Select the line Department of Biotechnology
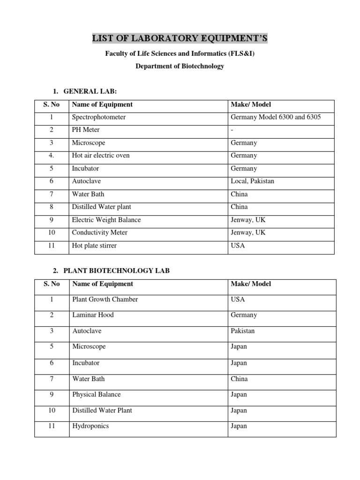click(x=180, y=66)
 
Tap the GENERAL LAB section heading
click(x=93, y=91)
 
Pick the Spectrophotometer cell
click(x=99, y=117)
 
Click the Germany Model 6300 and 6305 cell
click(x=276, y=117)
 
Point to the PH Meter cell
click(x=86, y=130)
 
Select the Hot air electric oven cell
click(x=101, y=156)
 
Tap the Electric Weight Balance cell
click(x=106, y=220)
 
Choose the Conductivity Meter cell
click(x=100, y=232)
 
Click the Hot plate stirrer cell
click(x=94, y=245)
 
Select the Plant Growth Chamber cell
click(x=105, y=299)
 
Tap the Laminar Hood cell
click(x=93, y=315)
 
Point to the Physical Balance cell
click(x=97, y=395)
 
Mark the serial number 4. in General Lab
click(x=52, y=156)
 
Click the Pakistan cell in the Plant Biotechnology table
click(x=243, y=331)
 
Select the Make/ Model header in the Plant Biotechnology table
click(x=251, y=284)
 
